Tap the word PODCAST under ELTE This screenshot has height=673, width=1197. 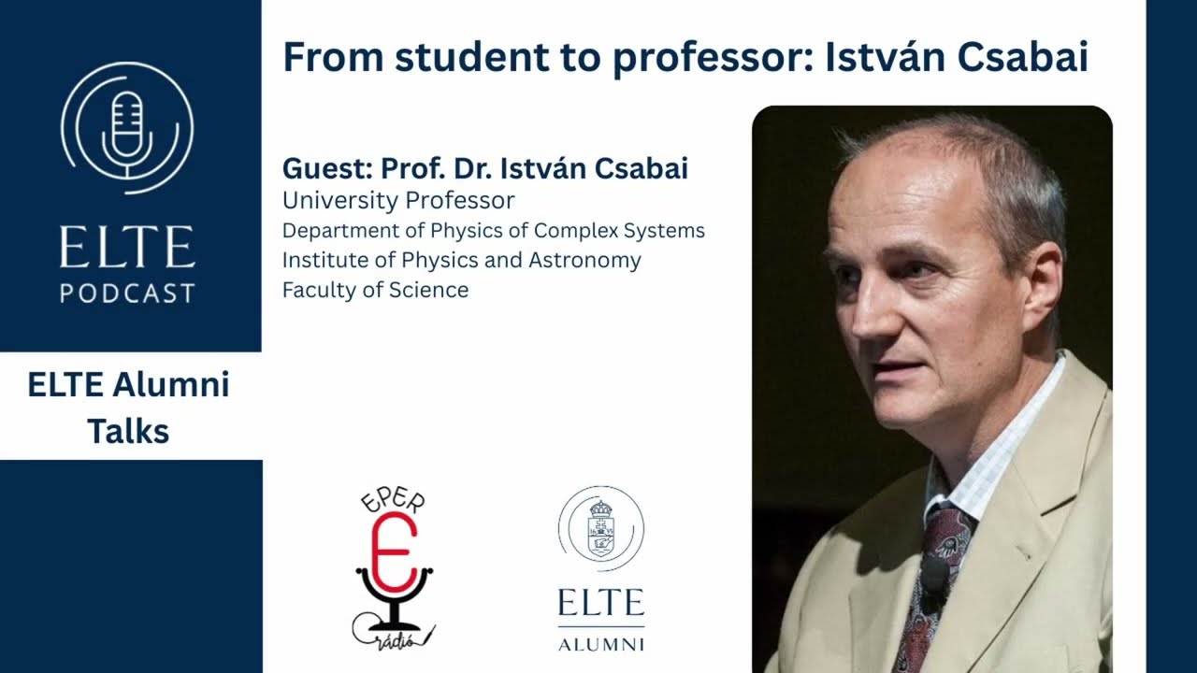pyautogui.click(x=127, y=293)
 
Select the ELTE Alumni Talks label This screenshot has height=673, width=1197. pyautogui.click(x=128, y=408)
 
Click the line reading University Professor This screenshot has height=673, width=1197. pyautogui.click(x=398, y=200)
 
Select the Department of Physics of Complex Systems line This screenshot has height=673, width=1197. pyautogui.click(x=494, y=230)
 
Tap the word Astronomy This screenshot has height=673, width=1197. pyautogui.click(x=584, y=260)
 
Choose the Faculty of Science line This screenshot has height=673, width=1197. pyautogui.click(x=375, y=290)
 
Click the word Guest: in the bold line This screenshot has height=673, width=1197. pyautogui.click(x=327, y=168)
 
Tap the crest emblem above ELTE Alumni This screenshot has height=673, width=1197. pyautogui.click(x=600, y=529)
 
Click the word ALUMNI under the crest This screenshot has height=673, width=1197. pyautogui.click(x=600, y=644)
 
